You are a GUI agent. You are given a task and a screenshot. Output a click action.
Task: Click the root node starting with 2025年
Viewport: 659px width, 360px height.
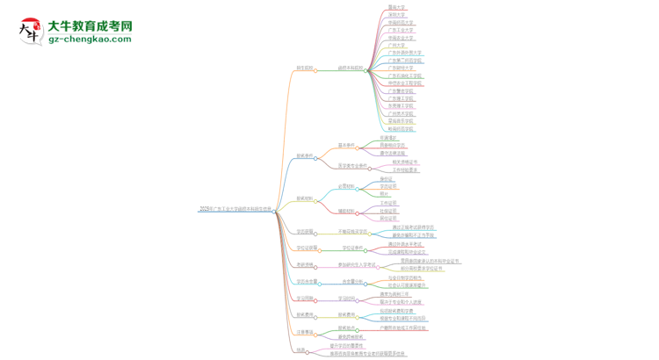(x=235, y=210)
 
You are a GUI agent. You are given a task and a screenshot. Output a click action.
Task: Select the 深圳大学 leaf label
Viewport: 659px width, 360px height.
(x=397, y=15)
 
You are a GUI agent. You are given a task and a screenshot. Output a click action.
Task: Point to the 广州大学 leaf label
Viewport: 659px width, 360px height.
(x=397, y=46)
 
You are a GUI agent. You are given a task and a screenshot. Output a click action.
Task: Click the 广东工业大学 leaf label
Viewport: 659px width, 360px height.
(x=401, y=30)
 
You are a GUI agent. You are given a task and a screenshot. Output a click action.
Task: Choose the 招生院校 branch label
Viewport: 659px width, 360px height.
(x=305, y=68)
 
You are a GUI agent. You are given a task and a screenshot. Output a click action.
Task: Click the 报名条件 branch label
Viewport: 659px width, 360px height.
(x=305, y=155)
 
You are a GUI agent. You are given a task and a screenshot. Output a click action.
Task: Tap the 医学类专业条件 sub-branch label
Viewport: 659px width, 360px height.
(x=353, y=165)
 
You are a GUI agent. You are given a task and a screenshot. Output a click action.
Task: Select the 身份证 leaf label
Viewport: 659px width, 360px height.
(x=387, y=178)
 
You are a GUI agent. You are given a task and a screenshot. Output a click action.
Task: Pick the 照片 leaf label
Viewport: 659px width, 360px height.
(x=385, y=194)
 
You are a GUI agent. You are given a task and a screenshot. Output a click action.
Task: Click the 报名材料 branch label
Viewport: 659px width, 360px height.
(x=304, y=198)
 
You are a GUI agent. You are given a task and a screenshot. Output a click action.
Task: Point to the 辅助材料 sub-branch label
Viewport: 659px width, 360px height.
(x=347, y=211)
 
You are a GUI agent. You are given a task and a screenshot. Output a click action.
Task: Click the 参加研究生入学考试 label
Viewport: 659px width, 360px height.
(x=358, y=264)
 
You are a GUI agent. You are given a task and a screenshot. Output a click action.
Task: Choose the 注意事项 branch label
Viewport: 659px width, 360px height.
(x=304, y=332)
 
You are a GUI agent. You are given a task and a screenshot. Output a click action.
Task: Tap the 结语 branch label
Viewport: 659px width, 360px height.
(x=301, y=349)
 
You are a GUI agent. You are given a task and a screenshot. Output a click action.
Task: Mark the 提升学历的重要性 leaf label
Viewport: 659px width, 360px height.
(x=347, y=345)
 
